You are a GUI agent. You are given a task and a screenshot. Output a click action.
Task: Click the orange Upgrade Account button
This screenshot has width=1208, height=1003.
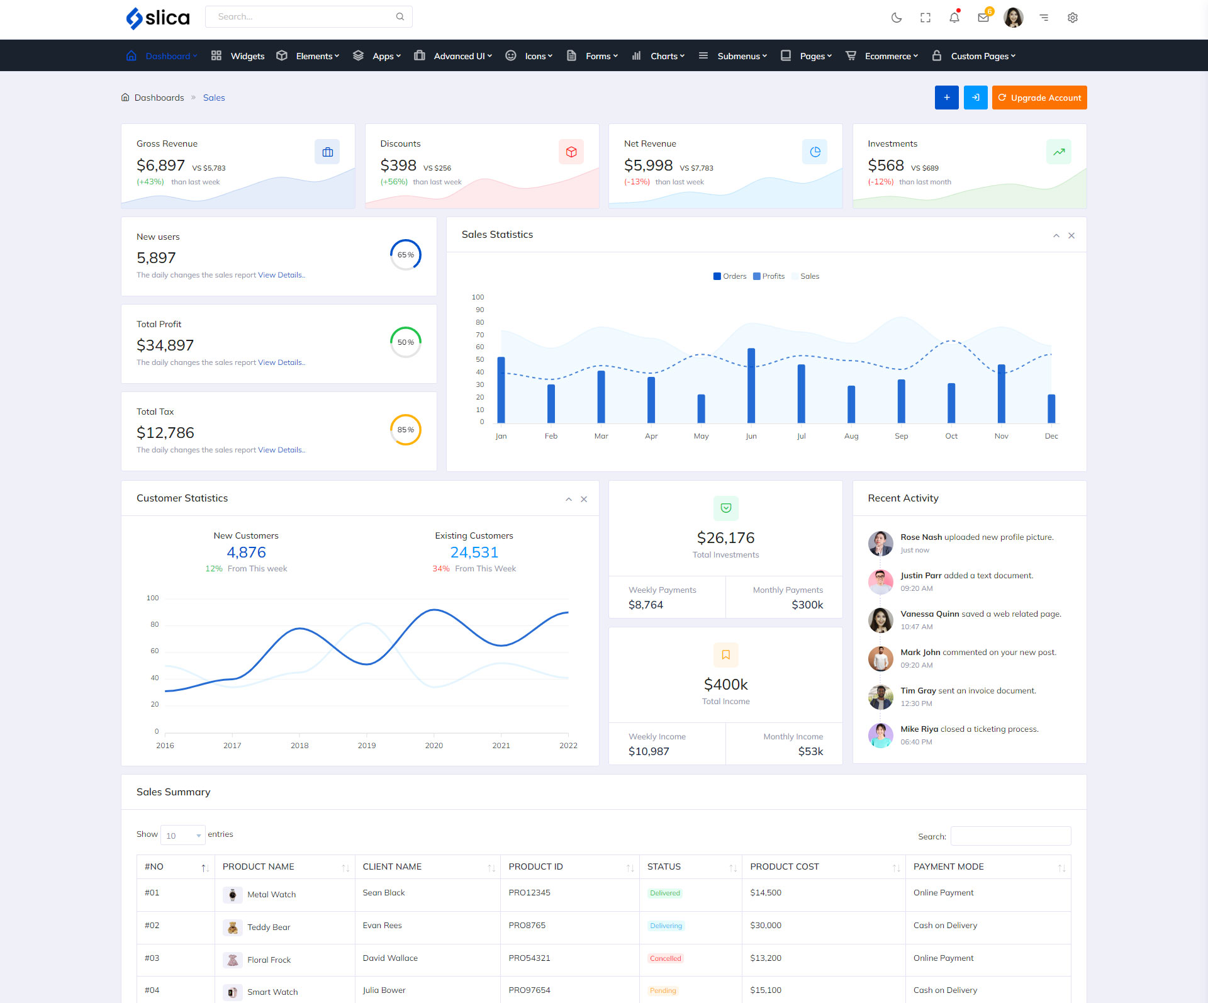tap(1039, 98)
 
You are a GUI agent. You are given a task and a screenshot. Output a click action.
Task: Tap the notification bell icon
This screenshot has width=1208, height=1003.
tap(954, 18)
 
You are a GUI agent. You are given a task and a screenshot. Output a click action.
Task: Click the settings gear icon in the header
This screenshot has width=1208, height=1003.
tap(1073, 18)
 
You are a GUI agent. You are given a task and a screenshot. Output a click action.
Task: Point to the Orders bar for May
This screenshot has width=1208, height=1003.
tap(701, 408)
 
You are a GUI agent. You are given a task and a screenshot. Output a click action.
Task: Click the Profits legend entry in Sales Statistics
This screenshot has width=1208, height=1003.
tap(769, 276)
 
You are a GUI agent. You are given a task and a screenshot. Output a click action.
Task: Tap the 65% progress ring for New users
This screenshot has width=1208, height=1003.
tap(406, 255)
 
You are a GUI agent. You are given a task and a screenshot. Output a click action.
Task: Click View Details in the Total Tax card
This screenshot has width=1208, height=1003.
tap(281, 450)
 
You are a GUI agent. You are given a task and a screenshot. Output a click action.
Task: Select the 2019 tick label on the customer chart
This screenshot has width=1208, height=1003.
tap(367, 746)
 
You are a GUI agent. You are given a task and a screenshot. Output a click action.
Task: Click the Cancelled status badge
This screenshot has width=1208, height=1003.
tap(666, 958)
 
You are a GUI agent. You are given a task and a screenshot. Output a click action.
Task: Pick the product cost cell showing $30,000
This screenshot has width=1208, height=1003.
tap(766, 926)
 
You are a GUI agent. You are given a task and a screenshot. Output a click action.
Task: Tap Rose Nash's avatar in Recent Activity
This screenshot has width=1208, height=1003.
tap(881, 543)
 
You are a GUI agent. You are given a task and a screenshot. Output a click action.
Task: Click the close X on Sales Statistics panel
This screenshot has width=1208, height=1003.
tap(1071, 235)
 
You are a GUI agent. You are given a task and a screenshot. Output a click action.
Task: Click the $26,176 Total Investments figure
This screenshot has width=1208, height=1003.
tap(725, 538)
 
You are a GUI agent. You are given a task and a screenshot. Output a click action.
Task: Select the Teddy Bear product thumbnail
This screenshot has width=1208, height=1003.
tap(233, 927)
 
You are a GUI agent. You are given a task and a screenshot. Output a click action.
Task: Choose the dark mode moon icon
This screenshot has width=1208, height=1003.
tap(897, 18)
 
